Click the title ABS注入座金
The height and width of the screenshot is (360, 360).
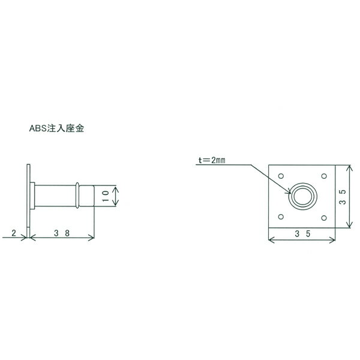click(56, 128)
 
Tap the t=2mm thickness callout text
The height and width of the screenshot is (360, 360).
click(212, 160)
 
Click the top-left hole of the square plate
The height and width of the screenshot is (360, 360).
click(281, 176)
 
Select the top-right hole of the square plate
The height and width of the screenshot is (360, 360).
click(324, 176)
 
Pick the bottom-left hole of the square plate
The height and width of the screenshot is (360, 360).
click(281, 217)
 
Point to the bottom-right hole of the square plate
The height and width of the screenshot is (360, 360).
click(324, 218)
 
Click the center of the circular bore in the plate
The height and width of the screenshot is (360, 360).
click(303, 196)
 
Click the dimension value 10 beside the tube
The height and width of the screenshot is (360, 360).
click(106, 196)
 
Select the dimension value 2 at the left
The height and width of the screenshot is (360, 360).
click(14, 233)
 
